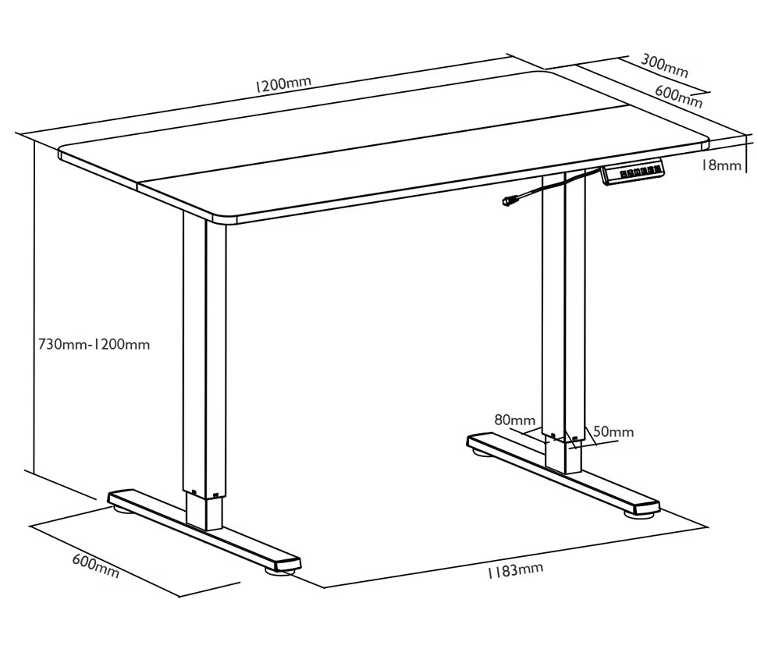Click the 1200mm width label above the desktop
[283, 84]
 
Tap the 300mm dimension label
[664, 66]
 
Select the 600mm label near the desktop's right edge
[678, 96]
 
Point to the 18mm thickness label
[721, 165]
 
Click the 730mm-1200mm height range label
[94, 344]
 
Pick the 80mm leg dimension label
[514, 420]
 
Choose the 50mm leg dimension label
[613, 431]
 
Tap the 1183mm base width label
[514, 570]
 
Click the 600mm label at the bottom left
[95, 566]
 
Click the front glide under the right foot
[638, 514]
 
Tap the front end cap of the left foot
[288, 563]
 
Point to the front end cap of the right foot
[647, 507]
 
